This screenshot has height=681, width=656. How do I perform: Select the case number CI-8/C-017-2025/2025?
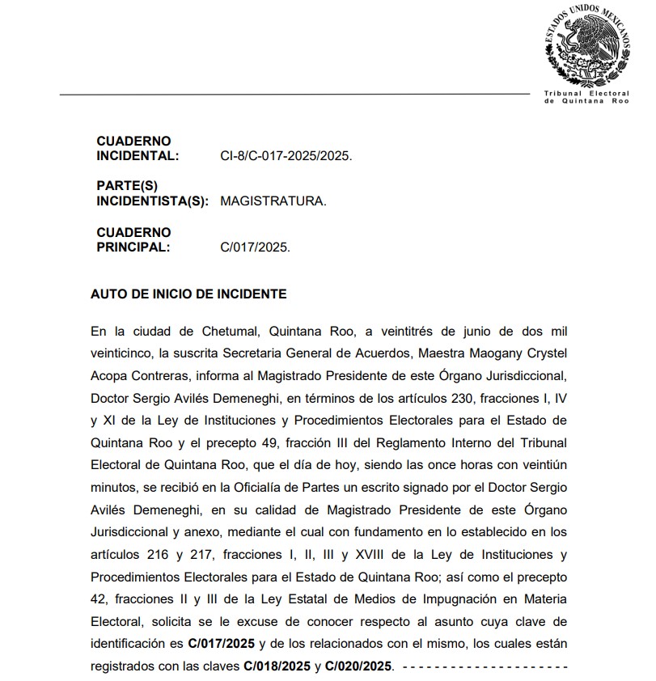(286, 156)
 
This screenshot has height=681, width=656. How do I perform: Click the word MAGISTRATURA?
(273, 201)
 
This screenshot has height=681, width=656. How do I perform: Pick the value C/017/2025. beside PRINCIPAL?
(255, 247)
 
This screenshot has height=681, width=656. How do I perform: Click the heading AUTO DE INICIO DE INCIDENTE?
(188, 294)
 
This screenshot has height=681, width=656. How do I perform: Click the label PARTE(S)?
(127, 186)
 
